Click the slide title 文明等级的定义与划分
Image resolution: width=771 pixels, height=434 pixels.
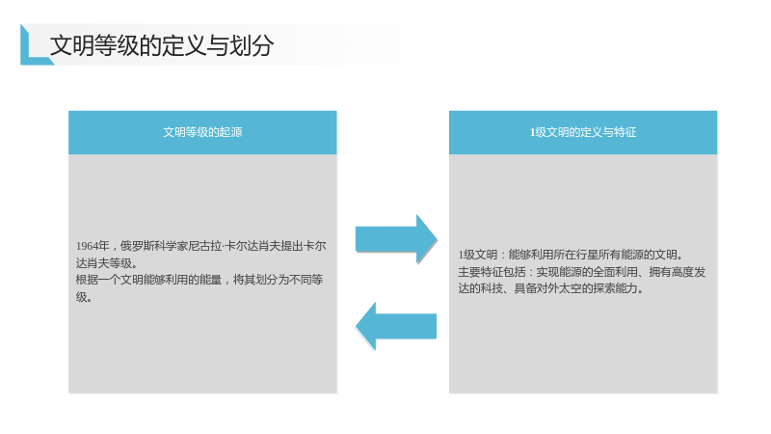(x=162, y=45)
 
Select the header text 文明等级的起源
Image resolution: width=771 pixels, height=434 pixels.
(x=202, y=132)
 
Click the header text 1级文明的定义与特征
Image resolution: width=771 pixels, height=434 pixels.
(x=583, y=132)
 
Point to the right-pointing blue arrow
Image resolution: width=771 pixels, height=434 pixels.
(x=396, y=239)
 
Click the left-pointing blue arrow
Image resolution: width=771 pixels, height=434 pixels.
(x=396, y=326)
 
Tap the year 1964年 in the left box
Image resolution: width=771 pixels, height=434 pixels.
(x=93, y=246)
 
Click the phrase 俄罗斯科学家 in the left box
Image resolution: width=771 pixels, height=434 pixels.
(x=154, y=246)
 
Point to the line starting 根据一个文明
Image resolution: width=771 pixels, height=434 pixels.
(x=199, y=280)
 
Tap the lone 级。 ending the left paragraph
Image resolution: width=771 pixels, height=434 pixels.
(x=84, y=297)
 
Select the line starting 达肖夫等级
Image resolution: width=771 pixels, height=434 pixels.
(x=107, y=262)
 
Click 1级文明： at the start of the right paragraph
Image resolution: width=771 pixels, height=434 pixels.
(x=483, y=255)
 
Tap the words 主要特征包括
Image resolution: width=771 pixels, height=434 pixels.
(x=492, y=272)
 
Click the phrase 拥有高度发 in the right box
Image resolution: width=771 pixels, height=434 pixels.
(x=678, y=272)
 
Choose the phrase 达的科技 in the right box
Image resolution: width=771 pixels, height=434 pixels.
(x=480, y=288)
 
